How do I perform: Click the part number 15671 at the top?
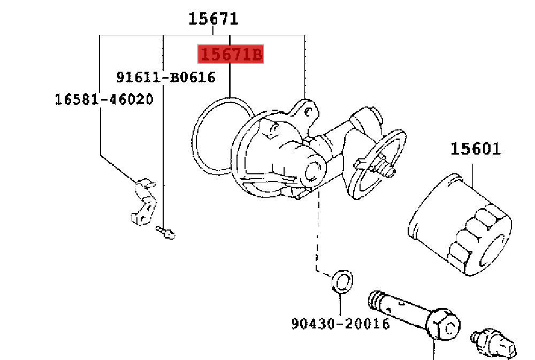pyautogui.click(x=213, y=19)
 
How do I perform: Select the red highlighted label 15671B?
pyautogui.click(x=231, y=54)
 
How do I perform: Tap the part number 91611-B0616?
pyautogui.click(x=166, y=78)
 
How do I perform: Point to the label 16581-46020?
pyautogui.click(x=104, y=99)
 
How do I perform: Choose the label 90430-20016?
pyautogui.click(x=340, y=324)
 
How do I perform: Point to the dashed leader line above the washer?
pyautogui.click(x=318, y=235)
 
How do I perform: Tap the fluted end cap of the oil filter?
pyautogui.click(x=479, y=238)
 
